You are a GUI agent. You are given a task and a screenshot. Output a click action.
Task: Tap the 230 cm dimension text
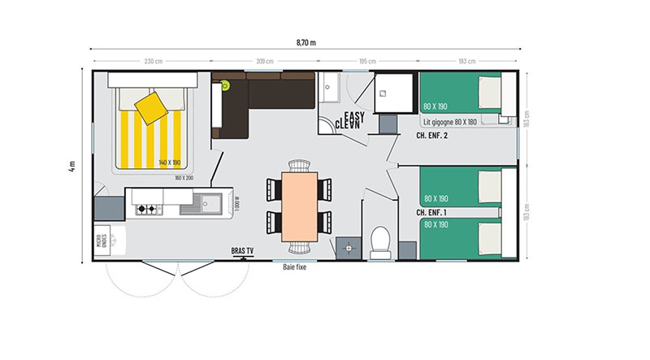click(x=154, y=62)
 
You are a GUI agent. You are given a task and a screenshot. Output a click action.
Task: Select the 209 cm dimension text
click(x=264, y=62)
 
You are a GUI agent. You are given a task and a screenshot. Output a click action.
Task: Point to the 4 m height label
click(x=72, y=167)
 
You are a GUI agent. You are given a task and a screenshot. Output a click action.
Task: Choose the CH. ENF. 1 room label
click(x=432, y=212)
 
